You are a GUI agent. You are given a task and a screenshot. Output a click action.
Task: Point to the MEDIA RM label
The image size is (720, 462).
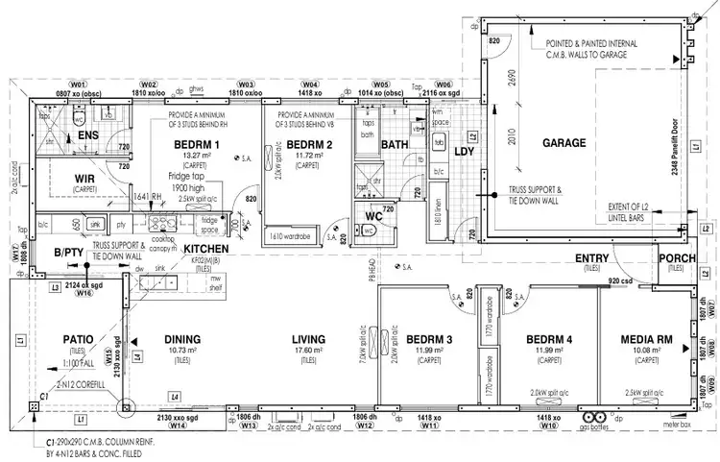[644, 340]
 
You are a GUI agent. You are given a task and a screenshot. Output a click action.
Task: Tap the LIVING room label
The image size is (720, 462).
[308, 340]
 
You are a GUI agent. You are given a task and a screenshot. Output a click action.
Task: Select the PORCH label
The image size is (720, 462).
[677, 258]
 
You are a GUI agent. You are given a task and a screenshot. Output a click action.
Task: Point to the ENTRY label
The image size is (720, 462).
[593, 258]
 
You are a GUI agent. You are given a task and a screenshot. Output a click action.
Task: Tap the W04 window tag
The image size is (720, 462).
[310, 85]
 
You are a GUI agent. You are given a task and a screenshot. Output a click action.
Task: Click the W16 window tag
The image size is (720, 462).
[84, 294]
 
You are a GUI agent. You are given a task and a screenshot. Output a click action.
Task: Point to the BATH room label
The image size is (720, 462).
[394, 145]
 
